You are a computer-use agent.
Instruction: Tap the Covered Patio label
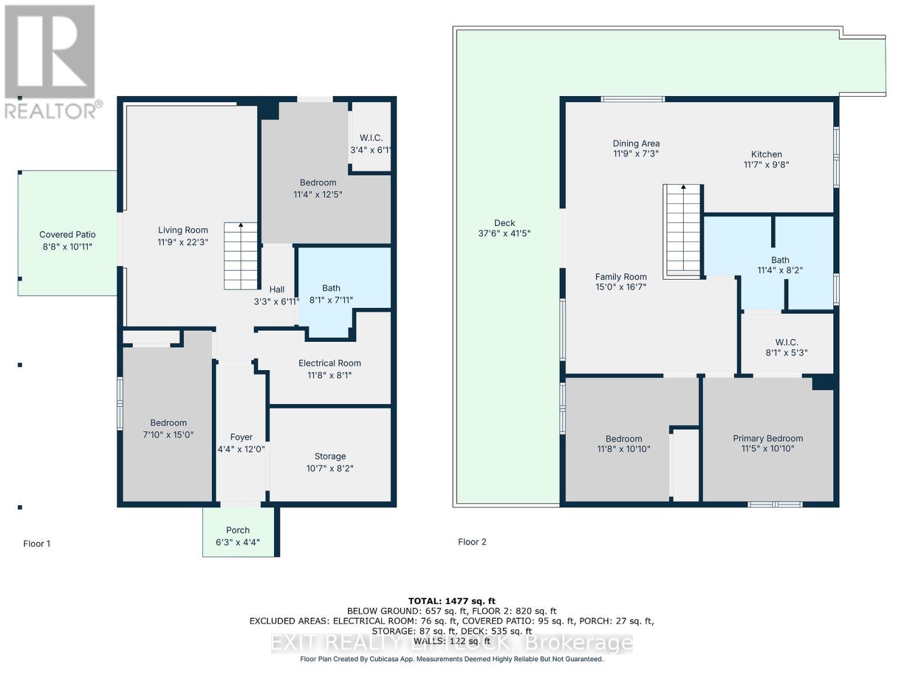coord(67,234)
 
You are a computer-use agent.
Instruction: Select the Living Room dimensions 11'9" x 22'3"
coord(182,242)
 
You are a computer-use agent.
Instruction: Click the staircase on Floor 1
coord(241,256)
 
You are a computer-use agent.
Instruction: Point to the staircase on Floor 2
coord(683,231)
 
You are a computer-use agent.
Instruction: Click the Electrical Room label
coord(329,363)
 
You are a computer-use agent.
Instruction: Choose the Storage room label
coord(330,457)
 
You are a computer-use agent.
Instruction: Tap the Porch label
coord(237,530)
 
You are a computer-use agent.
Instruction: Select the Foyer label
coord(241,437)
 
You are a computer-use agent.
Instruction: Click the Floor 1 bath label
coord(331,288)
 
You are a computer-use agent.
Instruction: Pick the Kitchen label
coord(766,154)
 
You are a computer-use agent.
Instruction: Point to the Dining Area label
coord(636,144)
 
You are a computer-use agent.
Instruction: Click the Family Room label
coord(620,277)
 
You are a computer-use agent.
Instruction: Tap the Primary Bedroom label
coord(767,438)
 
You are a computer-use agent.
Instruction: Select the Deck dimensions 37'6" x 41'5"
coord(504,233)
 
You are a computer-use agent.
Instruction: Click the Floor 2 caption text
coord(472,542)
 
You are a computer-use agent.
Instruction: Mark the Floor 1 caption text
coord(37,544)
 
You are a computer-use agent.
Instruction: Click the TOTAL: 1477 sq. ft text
coord(451,601)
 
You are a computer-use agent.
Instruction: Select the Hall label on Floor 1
coord(277,289)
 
